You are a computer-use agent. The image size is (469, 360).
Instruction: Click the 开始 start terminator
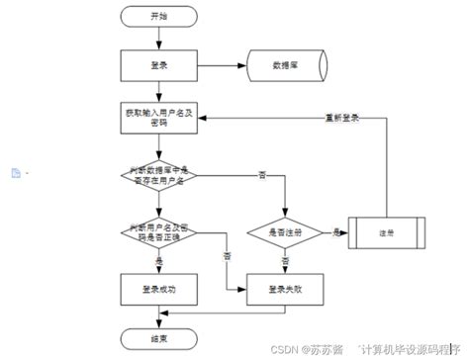(158, 16)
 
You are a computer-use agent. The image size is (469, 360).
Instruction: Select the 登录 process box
(158, 66)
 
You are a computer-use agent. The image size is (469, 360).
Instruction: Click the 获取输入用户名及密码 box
(158, 119)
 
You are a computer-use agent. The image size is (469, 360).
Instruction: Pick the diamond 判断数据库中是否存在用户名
(158, 176)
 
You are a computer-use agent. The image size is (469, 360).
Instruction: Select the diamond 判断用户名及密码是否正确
(158, 232)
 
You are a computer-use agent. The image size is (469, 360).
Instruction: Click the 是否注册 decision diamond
(285, 232)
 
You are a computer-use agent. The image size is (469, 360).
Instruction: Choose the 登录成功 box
(158, 289)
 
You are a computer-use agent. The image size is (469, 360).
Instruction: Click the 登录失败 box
(285, 289)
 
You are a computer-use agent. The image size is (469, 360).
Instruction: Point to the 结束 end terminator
(158, 336)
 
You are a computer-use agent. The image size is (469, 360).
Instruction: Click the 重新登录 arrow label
(343, 117)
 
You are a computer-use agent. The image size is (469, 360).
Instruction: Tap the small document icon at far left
(15, 173)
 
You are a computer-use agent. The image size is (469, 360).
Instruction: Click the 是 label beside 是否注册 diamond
(336, 230)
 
